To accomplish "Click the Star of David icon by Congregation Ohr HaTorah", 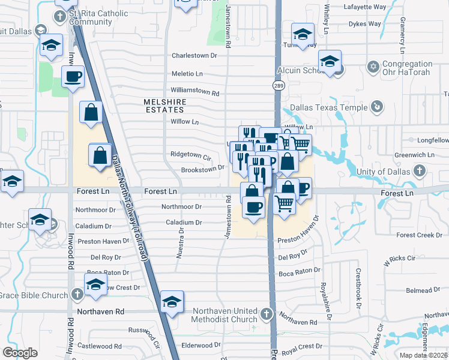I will tap(372, 65).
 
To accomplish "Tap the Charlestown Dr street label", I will tap(193, 55).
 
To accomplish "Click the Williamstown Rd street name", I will tap(195, 94).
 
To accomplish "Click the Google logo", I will tap(20, 353).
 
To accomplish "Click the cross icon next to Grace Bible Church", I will tap(77, 295).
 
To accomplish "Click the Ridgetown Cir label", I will tap(191, 158).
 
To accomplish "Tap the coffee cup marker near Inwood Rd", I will tap(73, 77).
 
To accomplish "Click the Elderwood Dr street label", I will tap(200, 346).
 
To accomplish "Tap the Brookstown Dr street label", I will tap(202, 170).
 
